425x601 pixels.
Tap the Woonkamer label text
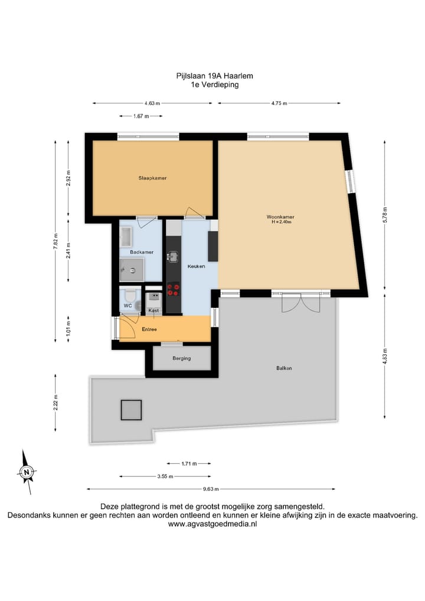point(280,217)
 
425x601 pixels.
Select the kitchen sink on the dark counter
point(173,257)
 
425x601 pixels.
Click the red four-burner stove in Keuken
point(174,290)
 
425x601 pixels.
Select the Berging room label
point(181,358)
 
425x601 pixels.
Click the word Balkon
point(284,368)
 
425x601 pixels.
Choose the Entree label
point(149,329)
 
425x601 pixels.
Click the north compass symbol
point(27,472)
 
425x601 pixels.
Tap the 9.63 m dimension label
point(211,489)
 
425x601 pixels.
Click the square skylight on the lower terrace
point(131,410)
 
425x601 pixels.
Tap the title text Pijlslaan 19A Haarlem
point(211,76)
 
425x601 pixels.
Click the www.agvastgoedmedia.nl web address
point(212,524)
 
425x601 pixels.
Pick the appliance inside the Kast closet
point(153,298)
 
